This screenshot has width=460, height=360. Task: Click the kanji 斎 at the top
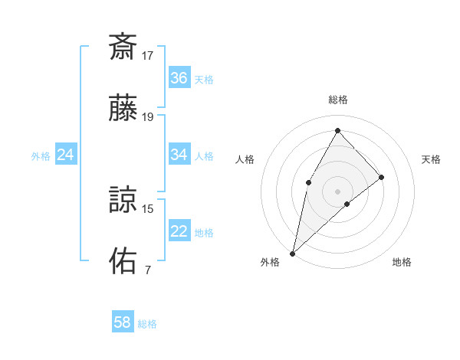123,47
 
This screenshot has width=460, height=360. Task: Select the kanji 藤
123,110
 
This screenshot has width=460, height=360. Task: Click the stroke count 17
148,55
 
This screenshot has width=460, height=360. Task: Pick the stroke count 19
148,117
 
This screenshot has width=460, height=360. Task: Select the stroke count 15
148,208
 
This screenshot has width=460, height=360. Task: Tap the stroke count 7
147,270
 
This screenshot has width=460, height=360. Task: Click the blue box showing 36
179,78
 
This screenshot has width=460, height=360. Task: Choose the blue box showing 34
179,155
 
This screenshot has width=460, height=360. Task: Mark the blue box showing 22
179,231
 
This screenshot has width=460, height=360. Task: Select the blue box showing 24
66,155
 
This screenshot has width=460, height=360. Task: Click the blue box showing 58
123,322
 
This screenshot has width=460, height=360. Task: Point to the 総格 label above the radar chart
338,100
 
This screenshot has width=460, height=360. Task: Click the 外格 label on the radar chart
270,262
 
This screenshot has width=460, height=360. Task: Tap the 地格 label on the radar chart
402,262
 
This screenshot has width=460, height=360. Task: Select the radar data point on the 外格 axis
292,253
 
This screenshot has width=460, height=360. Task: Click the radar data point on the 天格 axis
382,177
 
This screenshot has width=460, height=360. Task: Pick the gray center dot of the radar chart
337,191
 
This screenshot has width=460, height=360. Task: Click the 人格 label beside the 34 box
204,155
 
